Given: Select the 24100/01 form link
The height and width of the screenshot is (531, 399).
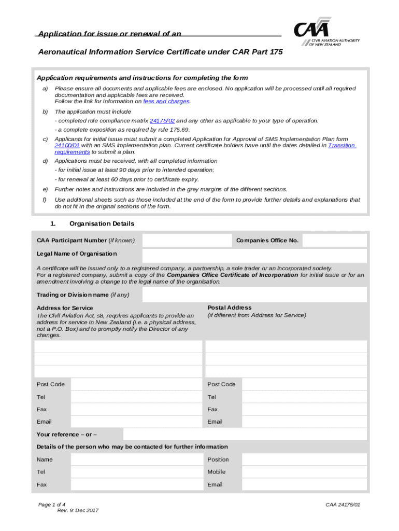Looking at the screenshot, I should pos(67,146).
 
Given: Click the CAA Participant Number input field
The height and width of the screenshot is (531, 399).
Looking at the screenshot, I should pos(187,241).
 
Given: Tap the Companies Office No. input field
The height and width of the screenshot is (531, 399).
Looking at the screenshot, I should pos(334,241).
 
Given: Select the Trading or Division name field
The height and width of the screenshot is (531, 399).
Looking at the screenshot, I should pos(254,295).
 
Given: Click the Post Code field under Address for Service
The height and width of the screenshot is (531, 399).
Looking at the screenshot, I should pos(136,384).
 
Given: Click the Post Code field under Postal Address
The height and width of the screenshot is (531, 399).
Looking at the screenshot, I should pos(304,384).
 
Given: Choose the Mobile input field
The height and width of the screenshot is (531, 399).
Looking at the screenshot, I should pos(304,472).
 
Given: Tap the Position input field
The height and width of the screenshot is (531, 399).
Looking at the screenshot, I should pos(304,459).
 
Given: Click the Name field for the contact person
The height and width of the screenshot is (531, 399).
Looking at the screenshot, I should pos(136,459).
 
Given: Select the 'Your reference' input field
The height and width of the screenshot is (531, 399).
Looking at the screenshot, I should pos(245,435).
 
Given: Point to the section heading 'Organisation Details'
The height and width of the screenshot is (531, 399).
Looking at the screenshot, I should pos(102,224).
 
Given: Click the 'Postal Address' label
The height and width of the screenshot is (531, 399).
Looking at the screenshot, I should pos(230,308).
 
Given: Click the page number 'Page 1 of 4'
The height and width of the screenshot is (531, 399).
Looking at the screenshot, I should pos(52,504).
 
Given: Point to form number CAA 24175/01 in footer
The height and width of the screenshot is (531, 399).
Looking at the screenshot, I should pos(343,504).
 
